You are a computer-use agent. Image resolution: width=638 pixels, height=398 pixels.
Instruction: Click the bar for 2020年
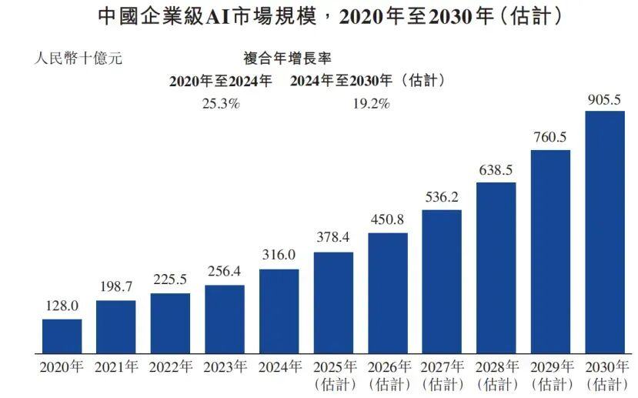(62, 335)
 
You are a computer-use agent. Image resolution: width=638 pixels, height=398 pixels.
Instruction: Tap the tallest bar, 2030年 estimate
(605, 231)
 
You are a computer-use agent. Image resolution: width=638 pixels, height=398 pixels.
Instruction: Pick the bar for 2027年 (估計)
(442, 280)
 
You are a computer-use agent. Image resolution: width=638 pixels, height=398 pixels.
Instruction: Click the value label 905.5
(605, 100)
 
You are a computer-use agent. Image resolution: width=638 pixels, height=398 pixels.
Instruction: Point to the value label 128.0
(62, 306)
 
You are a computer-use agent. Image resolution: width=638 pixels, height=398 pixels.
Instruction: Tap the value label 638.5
(496, 169)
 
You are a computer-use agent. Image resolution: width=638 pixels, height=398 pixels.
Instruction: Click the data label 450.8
(387, 219)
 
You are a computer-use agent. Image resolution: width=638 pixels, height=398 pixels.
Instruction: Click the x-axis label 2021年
(115, 367)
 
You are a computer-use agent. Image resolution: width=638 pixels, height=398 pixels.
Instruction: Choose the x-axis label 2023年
(224, 367)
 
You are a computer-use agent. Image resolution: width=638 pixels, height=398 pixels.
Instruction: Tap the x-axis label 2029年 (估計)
(550, 374)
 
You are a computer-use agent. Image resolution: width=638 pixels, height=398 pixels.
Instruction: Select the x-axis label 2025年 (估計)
(333, 374)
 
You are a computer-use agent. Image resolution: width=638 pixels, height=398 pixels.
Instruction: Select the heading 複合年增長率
(288, 58)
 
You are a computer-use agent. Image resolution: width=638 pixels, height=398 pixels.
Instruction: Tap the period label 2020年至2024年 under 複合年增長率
(221, 81)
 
